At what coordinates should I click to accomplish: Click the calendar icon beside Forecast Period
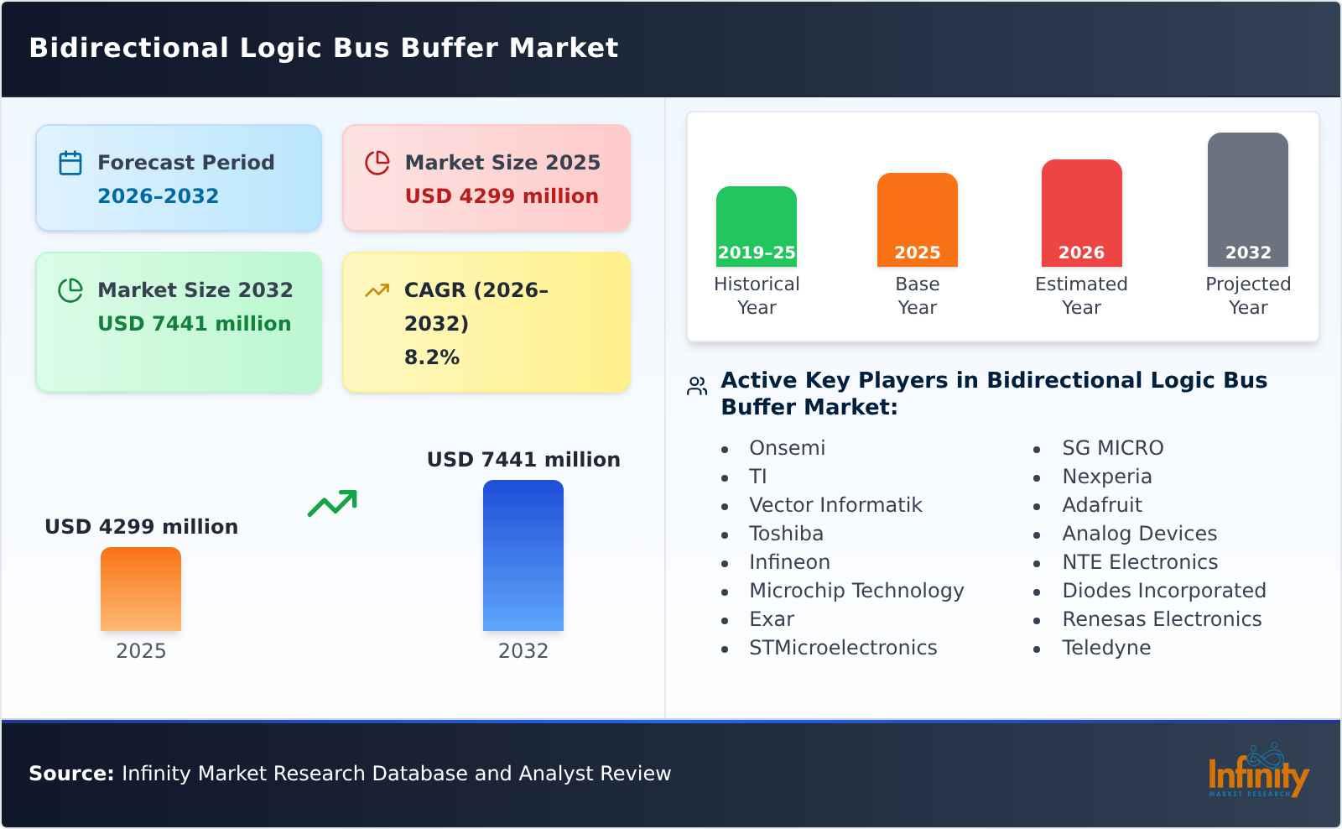(70, 163)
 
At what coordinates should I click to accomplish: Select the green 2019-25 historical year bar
(756, 226)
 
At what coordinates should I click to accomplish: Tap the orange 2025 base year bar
(917, 219)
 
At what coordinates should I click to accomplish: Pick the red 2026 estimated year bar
(1081, 212)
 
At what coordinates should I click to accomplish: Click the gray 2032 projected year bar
(1247, 199)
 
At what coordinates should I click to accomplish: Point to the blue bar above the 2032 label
(523, 555)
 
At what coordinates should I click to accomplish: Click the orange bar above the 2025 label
(141, 588)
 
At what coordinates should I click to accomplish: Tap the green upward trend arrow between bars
(332, 503)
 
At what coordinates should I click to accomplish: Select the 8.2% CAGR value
(431, 357)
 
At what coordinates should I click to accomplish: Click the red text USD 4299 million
(502, 196)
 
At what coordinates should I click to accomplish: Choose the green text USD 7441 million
(194, 324)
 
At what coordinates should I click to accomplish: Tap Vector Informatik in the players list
(835, 505)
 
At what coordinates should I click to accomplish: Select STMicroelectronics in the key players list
(842, 648)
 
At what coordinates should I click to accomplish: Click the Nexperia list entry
(1106, 477)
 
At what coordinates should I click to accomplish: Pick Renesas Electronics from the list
(1161, 619)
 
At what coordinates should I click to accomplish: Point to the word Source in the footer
(70, 774)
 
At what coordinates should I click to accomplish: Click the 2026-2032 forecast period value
(158, 196)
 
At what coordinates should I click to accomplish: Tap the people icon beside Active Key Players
(697, 386)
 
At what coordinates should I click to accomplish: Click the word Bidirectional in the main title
(128, 48)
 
